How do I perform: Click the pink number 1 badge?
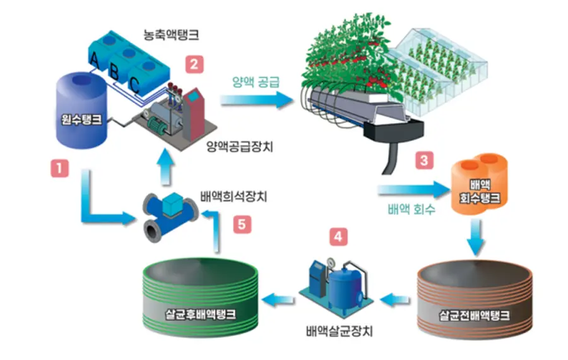59,168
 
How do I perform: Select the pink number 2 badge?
194,64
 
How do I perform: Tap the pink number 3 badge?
424,160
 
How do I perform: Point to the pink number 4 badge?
338,237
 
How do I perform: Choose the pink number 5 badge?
242,224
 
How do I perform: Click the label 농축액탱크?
171,35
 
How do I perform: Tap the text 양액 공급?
256,82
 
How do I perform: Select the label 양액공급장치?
239,147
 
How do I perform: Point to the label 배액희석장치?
234,196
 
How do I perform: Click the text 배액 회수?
411,209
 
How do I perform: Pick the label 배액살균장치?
340,331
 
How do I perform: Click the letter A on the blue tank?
94,60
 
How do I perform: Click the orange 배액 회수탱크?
479,184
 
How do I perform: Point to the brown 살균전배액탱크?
475,299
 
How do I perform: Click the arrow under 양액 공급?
256,99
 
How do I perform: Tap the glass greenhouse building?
440,69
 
